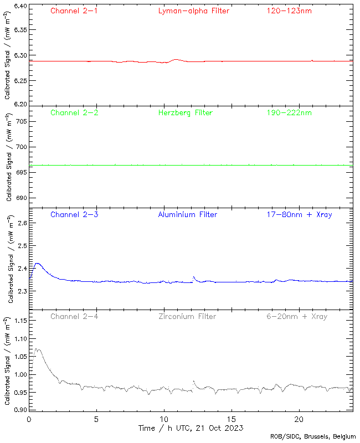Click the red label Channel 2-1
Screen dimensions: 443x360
[x=74, y=11]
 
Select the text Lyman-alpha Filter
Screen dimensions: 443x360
[x=194, y=11]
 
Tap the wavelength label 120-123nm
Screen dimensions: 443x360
[x=289, y=11]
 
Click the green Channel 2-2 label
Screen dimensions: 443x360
[x=74, y=113]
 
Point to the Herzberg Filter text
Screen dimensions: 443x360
[x=186, y=113]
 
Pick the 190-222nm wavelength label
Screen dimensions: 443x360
[x=289, y=113]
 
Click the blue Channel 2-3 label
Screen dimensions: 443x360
[x=74, y=214]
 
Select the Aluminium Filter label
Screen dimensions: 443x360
[x=188, y=214]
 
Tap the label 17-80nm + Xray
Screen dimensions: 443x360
[x=299, y=214]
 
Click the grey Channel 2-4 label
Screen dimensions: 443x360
[x=74, y=316]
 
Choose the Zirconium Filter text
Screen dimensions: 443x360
[x=187, y=316]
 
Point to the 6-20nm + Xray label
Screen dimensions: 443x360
[x=296, y=316]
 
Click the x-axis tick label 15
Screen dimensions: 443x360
[x=232, y=419]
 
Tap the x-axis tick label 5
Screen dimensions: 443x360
[x=96, y=419]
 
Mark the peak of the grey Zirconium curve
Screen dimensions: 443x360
[x=37, y=349]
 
